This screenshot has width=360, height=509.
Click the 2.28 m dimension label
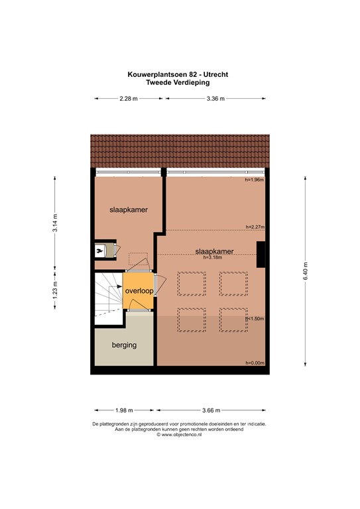tap(129, 99)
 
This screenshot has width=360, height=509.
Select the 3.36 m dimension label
tap(216, 99)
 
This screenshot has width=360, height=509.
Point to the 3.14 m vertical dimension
tap(55, 222)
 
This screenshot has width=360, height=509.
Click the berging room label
tap(123, 345)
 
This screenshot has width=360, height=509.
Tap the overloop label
tap(138, 290)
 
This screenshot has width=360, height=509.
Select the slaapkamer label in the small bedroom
tap(129, 209)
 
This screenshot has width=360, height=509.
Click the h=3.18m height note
tap(213, 258)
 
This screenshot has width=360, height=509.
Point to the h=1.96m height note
tap(254, 180)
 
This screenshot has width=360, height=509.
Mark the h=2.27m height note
tap(254, 227)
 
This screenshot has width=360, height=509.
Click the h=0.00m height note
tap(254, 363)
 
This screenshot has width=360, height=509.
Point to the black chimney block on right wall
tap(261, 254)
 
